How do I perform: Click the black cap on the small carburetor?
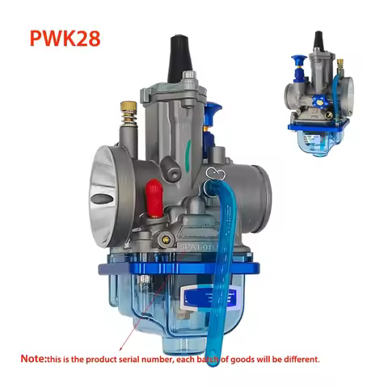pos(318,39)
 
